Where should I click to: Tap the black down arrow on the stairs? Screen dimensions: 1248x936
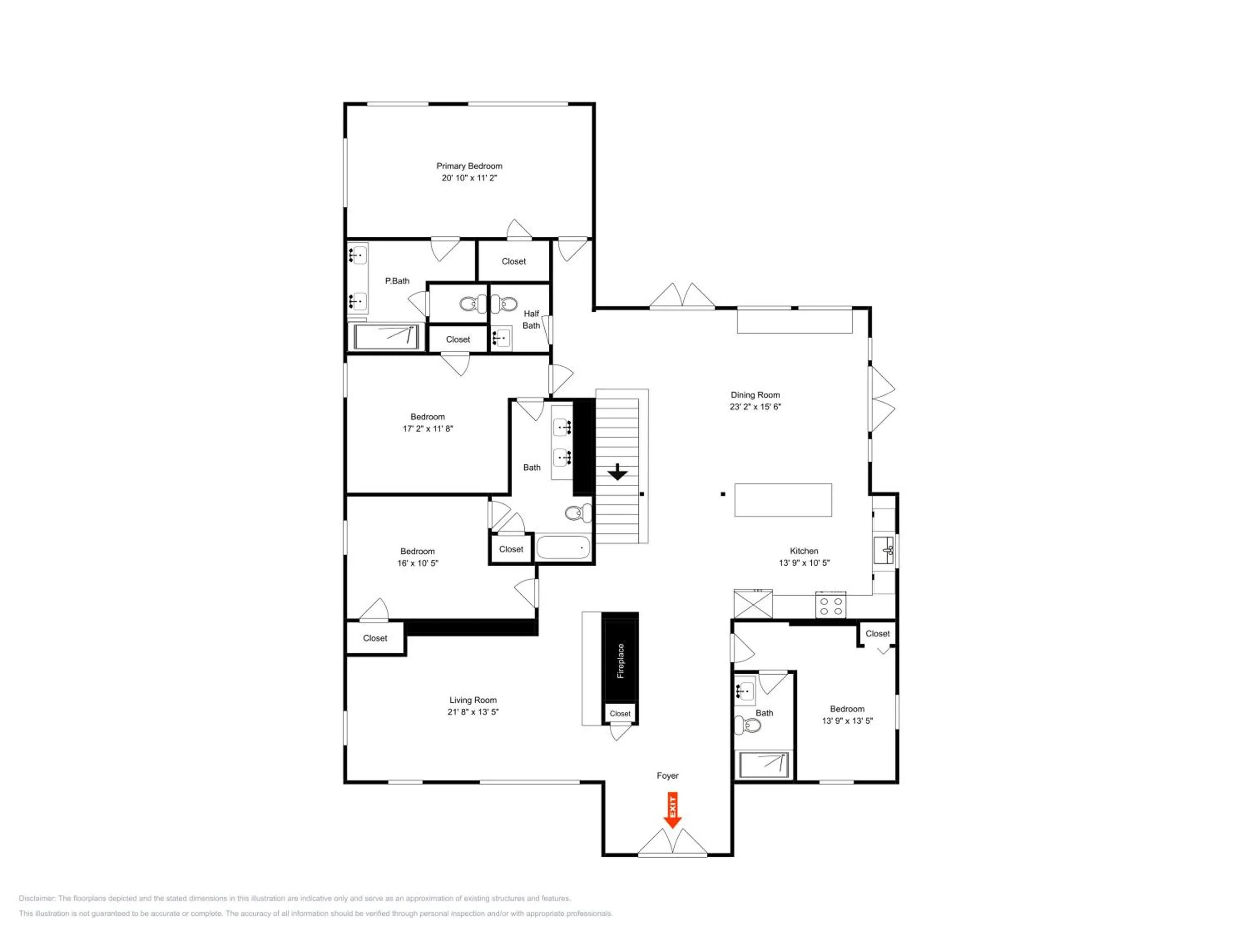(x=618, y=472)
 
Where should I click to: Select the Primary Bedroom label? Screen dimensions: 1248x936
(x=469, y=166)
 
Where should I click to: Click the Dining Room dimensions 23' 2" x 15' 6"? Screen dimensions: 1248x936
(x=755, y=407)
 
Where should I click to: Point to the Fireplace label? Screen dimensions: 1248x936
(x=621, y=661)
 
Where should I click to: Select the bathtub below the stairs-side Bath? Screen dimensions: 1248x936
(x=563, y=547)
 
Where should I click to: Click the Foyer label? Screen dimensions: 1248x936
(x=667, y=776)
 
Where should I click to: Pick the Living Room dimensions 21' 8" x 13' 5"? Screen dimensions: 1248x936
(x=473, y=712)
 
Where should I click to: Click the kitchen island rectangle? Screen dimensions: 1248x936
(x=783, y=500)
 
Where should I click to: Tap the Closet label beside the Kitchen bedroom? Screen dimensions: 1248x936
(x=877, y=634)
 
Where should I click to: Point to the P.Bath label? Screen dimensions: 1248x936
(x=397, y=281)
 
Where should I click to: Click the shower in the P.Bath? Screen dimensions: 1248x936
(x=386, y=337)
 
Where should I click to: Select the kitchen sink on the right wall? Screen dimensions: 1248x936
(x=884, y=551)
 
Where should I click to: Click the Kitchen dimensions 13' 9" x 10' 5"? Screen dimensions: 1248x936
(x=804, y=562)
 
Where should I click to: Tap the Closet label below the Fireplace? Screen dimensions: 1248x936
(x=620, y=714)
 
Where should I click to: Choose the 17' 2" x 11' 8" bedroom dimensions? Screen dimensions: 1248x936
(x=428, y=429)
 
